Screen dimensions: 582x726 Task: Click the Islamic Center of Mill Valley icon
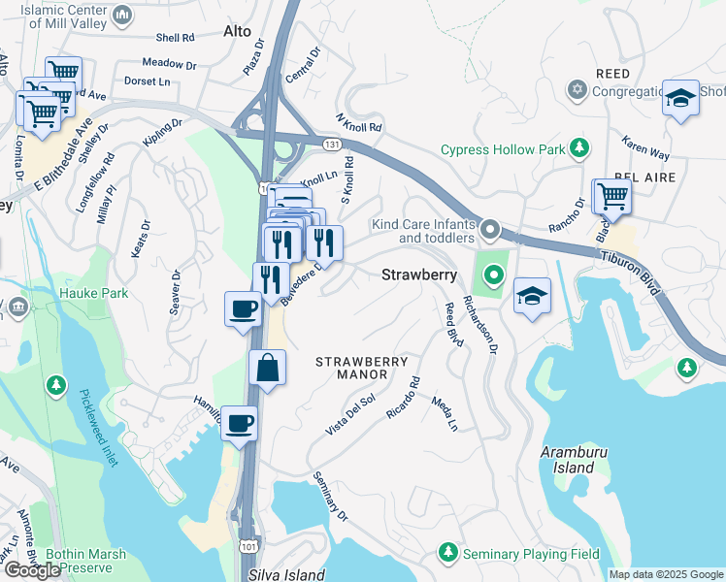coord(123,16)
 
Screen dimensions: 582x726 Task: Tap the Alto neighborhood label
coord(237,31)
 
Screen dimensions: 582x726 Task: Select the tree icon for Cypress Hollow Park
coord(579,148)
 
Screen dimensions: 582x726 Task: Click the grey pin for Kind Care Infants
coord(491,231)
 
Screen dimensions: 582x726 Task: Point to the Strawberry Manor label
coord(362,368)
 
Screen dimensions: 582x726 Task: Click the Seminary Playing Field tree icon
coord(448,552)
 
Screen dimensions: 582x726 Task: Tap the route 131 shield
coord(332,144)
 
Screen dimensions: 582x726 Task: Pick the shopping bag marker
coord(267,369)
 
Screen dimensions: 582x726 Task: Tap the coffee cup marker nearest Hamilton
coord(239,424)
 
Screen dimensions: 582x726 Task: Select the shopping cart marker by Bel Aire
coord(611,197)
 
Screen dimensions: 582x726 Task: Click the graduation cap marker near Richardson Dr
coord(532,297)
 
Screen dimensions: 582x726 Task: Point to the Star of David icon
coord(577,90)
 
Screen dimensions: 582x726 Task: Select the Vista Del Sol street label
coord(349,413)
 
